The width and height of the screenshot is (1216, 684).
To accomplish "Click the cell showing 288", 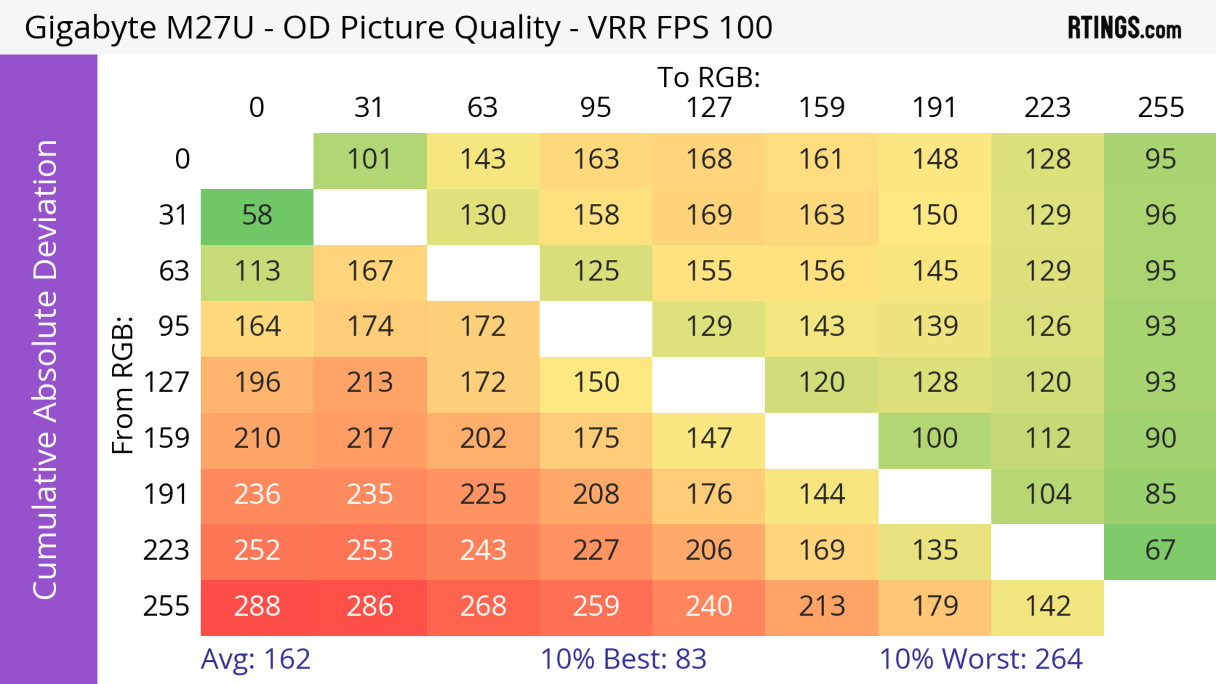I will (257, 607).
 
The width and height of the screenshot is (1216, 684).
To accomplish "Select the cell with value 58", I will (257, 216).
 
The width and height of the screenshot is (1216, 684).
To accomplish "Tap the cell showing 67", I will (1160, 550).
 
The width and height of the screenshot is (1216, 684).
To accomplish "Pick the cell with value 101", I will (370, 160).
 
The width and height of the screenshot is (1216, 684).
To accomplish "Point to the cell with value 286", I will (370, 607).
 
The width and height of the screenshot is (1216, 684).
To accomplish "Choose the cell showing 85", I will (1160, 495).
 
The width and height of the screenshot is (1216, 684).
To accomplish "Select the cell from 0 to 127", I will (709, 160).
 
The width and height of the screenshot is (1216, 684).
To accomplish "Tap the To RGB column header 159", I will (821, 108).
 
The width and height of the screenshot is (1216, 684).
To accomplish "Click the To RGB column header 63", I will (482, 108).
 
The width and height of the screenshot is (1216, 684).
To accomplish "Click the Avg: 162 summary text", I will (255, 659).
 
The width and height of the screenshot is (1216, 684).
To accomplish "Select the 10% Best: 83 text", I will (623, 659).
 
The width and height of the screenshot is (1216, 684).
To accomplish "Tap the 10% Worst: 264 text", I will (980, 659).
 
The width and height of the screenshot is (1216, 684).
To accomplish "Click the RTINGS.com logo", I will (1124, 28).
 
